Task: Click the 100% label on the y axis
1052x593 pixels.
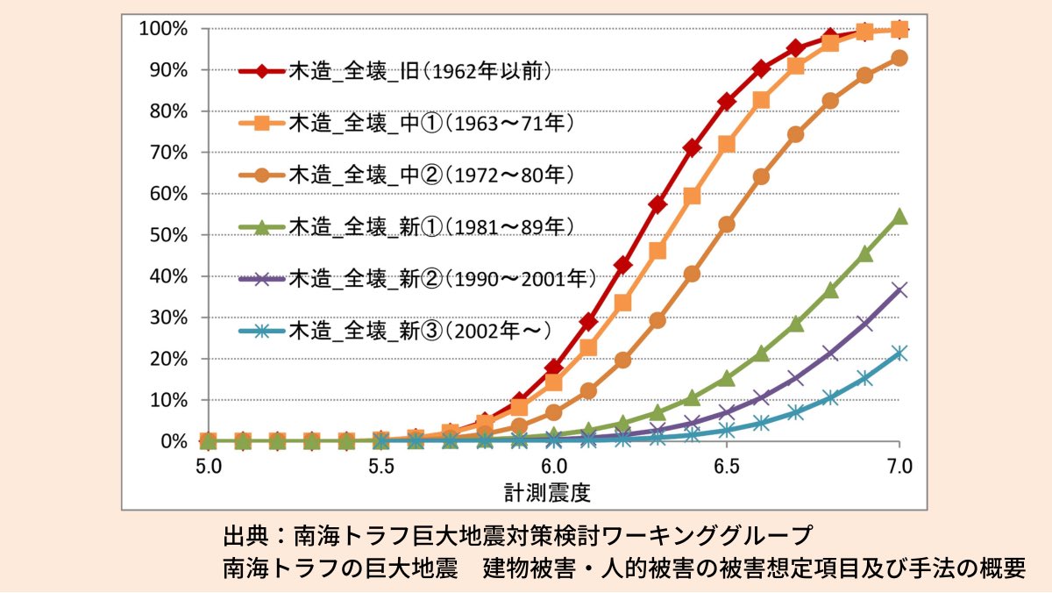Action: point(164,29)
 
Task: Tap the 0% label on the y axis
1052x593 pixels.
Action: point(174,441)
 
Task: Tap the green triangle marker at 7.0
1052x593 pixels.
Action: point(899,217)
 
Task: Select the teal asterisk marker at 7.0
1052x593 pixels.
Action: point(899,353)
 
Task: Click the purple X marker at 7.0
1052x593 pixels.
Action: point(899,289)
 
